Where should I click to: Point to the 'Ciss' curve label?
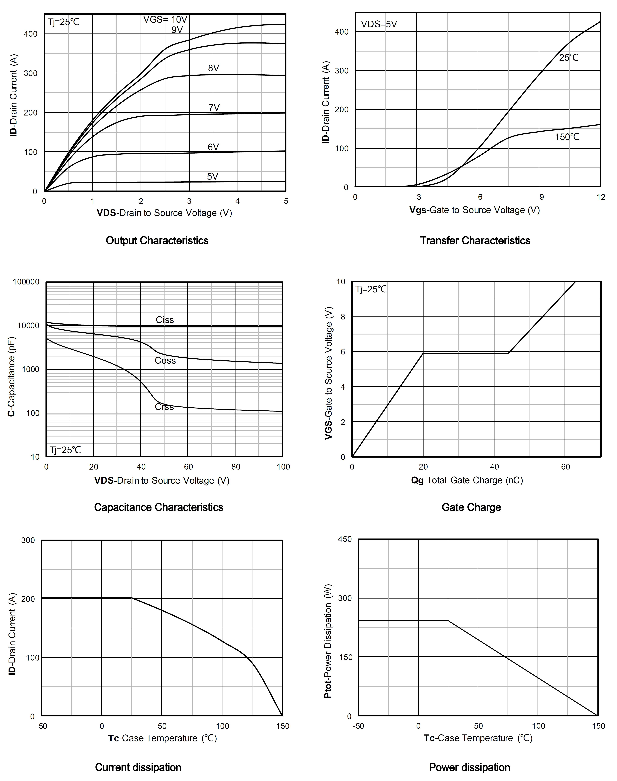click(x=165, y=320)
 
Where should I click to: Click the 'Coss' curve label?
click(x=165, y=361)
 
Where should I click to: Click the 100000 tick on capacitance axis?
click(x=26, y=282)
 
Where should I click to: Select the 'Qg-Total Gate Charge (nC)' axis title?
click(x=467, y=480)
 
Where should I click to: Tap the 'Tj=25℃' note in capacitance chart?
click(x=65, y=450)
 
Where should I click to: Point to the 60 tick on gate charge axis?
click(x=565, y=467)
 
